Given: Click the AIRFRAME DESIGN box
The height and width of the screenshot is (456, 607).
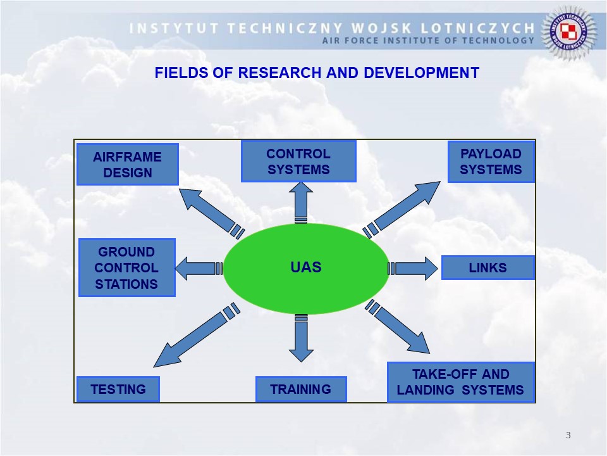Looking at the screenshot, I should tap(127, 165).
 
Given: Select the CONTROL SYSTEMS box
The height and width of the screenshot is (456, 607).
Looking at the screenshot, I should tap(298, 161).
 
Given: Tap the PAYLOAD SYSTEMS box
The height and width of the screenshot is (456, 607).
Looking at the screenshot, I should tap(491, 161).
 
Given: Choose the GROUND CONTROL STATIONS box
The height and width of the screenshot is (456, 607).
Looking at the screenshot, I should tap(126, 268).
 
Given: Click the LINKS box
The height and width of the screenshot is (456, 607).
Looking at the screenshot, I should tap(487, 268).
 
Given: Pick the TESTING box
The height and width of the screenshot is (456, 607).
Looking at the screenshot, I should tap(118, 389).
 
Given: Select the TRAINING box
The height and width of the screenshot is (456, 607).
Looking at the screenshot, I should tap(301, 389).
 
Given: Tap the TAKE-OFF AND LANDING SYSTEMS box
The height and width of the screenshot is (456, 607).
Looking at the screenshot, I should tap(461, 382).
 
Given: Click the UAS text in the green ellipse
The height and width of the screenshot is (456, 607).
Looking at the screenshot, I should tap(306, 267).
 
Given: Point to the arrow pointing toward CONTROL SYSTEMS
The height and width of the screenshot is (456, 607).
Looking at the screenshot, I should tap(301, 199).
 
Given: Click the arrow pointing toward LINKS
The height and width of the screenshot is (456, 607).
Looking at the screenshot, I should tap(414, 269).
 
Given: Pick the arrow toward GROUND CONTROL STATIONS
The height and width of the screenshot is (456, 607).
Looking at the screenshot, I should tap(196, 269).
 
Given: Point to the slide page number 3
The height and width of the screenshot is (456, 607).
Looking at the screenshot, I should tap(568, 435).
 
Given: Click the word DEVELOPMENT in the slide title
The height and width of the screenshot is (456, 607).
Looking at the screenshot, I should tap(421, 73).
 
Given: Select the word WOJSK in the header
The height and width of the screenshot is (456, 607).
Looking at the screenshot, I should tap(405, 28).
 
